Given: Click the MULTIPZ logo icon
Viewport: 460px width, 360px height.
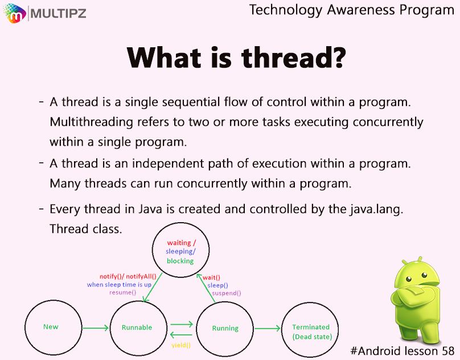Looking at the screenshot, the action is (14, 13).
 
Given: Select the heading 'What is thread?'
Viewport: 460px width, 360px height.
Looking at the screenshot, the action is (236, 58).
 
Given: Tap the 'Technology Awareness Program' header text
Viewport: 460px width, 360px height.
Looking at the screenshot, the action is (352, 10).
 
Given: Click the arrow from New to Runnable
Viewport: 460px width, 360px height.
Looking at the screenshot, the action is (96, 328).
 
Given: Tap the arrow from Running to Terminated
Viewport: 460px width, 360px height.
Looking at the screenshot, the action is (268, 328).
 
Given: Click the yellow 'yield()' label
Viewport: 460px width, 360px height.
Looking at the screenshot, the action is (181, 345).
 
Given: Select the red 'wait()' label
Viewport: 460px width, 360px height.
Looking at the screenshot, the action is (211, 277).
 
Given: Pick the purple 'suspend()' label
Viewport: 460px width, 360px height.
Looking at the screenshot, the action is (227, 293).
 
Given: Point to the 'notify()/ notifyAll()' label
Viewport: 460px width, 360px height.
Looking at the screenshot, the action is (128, 276).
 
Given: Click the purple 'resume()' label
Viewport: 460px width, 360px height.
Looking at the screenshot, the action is (122, 292).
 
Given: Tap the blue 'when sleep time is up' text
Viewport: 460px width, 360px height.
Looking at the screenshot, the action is (119, 285).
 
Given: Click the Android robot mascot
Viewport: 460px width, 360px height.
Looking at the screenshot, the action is (416, 300).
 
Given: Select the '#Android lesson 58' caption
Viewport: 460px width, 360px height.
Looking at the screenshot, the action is (402, 351).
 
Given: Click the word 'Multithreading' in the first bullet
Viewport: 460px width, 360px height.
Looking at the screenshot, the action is (92, 122).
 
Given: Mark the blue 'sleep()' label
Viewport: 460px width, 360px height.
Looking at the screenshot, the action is (217, 285).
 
